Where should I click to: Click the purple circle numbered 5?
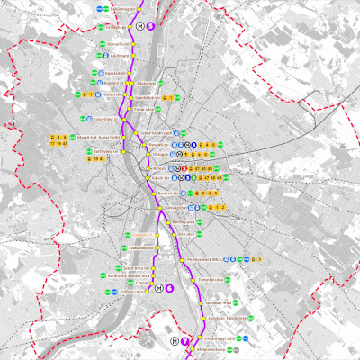point(151,26)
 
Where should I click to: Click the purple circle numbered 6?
point(169,288)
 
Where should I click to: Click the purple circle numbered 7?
point(186,342)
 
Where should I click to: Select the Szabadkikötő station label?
point(142,247)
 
